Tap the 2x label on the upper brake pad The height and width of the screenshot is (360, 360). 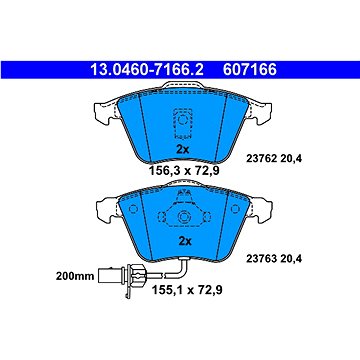coord(182,148)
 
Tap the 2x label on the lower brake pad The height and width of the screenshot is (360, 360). coord(182,241)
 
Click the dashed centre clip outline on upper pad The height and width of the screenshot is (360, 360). coord(182,119)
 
